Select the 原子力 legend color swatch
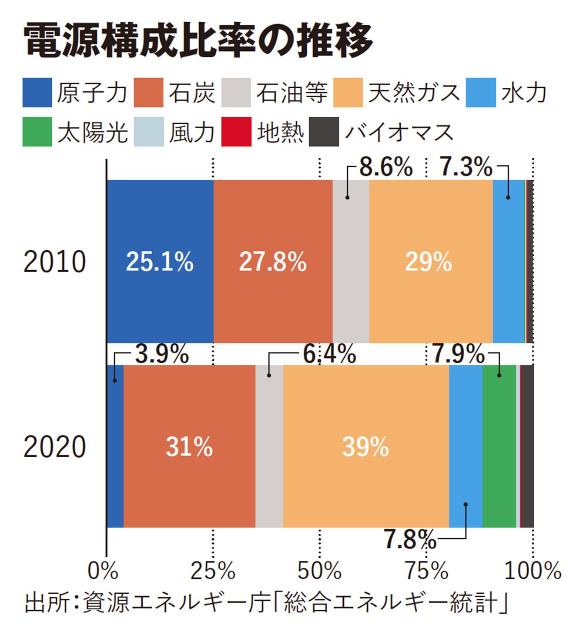point(37,93)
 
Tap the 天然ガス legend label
point(414,93)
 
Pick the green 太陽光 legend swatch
point(37,132)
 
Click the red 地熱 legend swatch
point(236,132)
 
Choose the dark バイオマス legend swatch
point(324,132)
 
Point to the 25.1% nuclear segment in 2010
point(160,262)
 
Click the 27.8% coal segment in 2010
point(273,262)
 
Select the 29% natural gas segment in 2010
point(430,262)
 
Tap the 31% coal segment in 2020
point(189,446)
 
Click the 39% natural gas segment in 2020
point(365,446)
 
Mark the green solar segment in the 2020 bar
point(499,446)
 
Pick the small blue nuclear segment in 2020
point(115,446)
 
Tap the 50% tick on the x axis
point(320,570)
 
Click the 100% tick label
point(533,570)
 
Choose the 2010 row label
point(55,262)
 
